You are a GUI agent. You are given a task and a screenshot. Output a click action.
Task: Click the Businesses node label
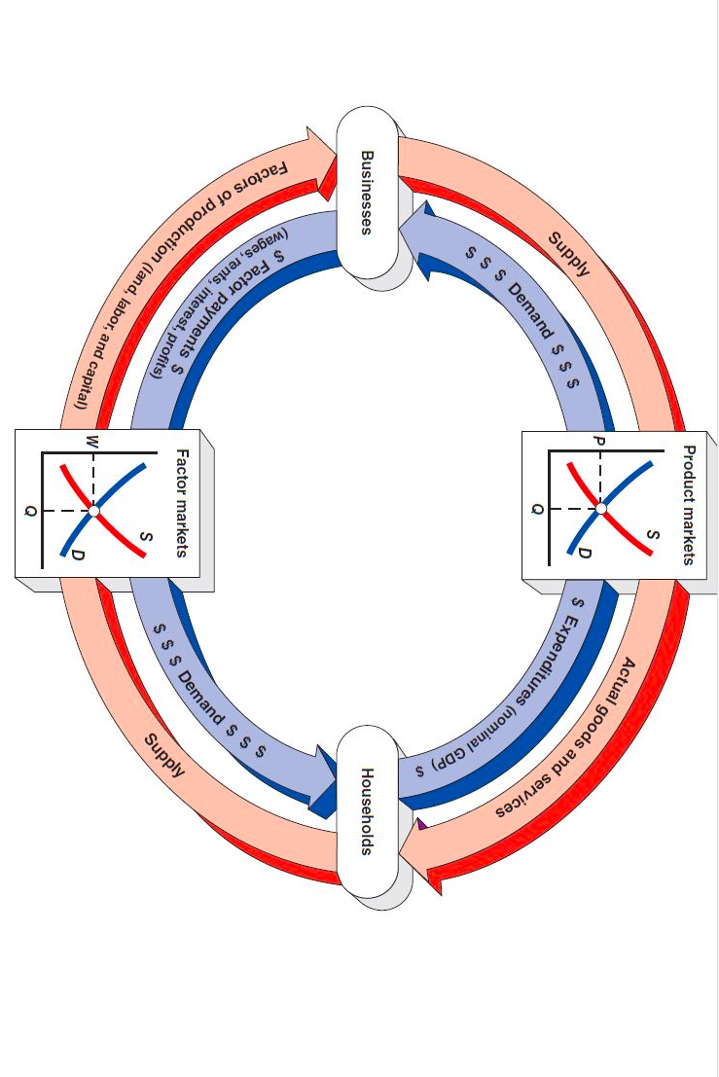coord(367,192)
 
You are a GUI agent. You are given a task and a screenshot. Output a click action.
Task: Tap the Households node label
coord(367,811)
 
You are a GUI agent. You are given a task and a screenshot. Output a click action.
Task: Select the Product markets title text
coord(688,504)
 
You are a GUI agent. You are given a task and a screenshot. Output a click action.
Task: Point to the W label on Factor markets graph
coord(92,442)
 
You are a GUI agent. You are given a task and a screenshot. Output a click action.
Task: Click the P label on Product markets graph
coord(600,441)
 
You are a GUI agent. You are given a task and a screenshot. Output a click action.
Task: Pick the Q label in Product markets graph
coord(536,508)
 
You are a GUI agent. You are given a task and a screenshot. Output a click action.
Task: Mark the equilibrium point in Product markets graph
coord(601,508)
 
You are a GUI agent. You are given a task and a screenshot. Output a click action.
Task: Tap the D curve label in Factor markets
coord(77,555)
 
